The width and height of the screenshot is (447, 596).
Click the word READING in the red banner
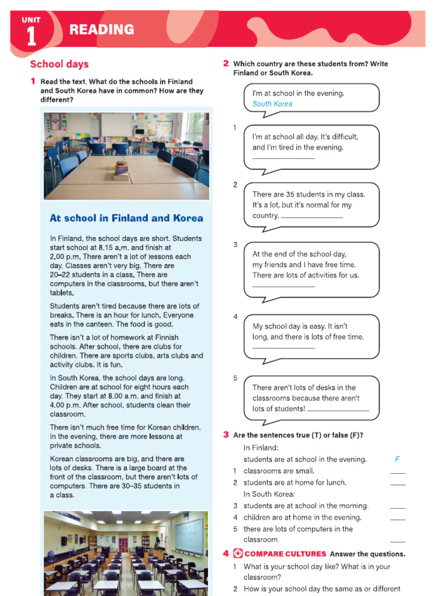coord(101,30)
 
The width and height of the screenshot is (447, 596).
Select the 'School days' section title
coord(59,64)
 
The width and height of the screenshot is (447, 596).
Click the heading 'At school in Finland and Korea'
coord(126,218)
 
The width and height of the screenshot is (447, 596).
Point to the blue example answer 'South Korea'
coord(272,104)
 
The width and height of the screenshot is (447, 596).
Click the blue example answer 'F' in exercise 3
coord(397,459)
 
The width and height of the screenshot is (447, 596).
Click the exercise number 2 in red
coord(226,63)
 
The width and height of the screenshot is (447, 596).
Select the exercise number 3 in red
coord(226,435)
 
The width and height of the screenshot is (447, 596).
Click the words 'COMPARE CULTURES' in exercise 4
coord(285,554)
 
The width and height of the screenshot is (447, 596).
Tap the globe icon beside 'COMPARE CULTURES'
coord(237,554)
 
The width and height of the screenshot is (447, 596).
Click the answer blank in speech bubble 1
coord(283,157)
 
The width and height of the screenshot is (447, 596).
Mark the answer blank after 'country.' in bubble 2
coord(312,217)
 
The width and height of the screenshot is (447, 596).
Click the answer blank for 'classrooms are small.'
coord(398,473)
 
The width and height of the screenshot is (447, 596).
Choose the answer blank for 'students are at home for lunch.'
coord(398,484)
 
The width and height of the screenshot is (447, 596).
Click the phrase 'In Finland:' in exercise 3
coord(261,448)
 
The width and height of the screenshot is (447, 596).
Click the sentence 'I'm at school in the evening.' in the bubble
coord(298,93)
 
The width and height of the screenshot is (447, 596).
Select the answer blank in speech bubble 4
coord(283,347)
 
